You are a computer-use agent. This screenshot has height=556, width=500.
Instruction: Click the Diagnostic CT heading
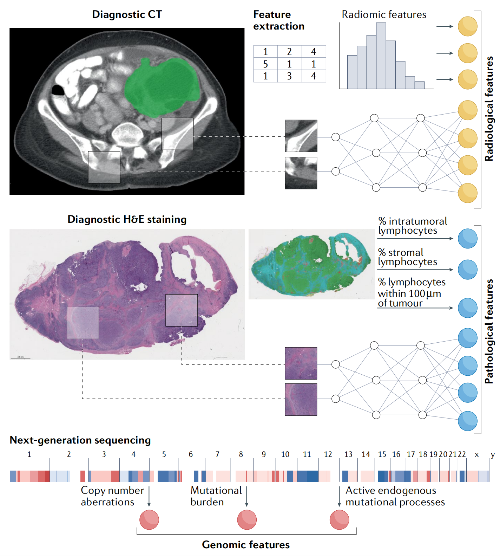click(x=127, y=14)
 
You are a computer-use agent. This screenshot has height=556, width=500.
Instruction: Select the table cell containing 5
click(x=265, y=64)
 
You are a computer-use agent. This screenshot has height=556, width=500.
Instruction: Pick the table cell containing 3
click(x=289, y=76)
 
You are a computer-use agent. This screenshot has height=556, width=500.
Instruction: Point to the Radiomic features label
click(x=384, y=14)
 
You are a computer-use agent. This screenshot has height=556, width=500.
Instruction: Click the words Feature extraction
click(x=278, y=20)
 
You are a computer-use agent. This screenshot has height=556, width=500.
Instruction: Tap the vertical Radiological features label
click(x=489, y=109)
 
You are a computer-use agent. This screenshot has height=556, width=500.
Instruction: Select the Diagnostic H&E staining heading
click(x=127, y=219)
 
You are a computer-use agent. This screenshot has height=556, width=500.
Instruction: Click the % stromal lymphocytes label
click(x=407, y=257)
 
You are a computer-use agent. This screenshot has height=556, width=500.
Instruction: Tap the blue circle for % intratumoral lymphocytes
click(x=467, y=238)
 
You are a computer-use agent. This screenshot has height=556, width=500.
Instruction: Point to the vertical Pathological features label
click(x=489, y=331)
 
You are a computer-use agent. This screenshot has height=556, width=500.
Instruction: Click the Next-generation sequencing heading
click(x=80, y=440)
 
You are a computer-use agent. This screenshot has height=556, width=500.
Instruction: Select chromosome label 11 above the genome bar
click(x=307, y=454)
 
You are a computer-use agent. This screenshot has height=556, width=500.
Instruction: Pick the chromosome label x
click(x=476, y=454)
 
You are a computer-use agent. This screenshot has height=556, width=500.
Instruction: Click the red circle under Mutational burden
click(x=247, y=520)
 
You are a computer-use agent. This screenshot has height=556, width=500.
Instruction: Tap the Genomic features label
click(x=246, y=545)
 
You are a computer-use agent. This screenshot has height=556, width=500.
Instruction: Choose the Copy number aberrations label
click(x=112, y=496)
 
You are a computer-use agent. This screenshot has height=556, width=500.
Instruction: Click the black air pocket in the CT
click(x=58, y=90)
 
